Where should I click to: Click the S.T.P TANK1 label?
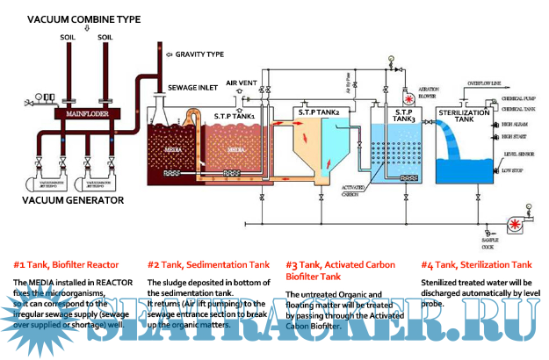[235, 115]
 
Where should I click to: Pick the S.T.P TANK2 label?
[317, 112]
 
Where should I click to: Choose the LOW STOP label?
[513, 170]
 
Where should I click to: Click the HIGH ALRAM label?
[514, 125]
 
